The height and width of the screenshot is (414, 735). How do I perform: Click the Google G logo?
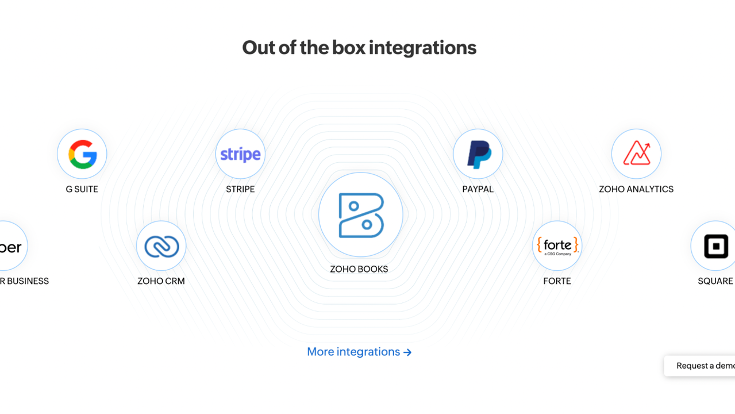tap(82, 154)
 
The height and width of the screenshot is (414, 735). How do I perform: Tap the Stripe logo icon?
tap(240, 154)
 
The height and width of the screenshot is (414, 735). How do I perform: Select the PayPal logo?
tap(478, 154)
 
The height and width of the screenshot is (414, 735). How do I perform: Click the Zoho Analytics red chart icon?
tap(636, 154)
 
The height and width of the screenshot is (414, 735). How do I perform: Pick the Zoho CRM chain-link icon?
tap(161, 246)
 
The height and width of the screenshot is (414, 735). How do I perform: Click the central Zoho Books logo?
tap(360, 215)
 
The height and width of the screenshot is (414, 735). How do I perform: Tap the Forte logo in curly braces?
tap(557, 246)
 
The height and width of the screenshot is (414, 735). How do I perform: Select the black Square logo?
tap(715, 246)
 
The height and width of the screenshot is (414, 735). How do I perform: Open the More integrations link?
tap(353, 352)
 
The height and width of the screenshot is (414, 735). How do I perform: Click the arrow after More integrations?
tap(407, 352)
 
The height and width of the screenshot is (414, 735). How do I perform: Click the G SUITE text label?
tap(82, 189)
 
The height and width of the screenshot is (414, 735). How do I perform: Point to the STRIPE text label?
tap(240, 189)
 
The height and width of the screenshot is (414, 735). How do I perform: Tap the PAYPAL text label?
tap(478, 189)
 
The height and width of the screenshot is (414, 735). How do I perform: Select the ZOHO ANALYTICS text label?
tap(636, 189)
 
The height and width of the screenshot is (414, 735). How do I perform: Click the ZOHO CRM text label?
tap(161, 281)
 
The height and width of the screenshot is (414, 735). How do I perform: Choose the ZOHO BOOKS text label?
tap(359, 269)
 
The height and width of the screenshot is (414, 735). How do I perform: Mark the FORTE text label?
tap(557, 281)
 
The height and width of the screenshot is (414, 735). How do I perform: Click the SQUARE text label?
tap(715, 281)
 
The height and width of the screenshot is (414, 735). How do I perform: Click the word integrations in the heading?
tap(422, 48)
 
